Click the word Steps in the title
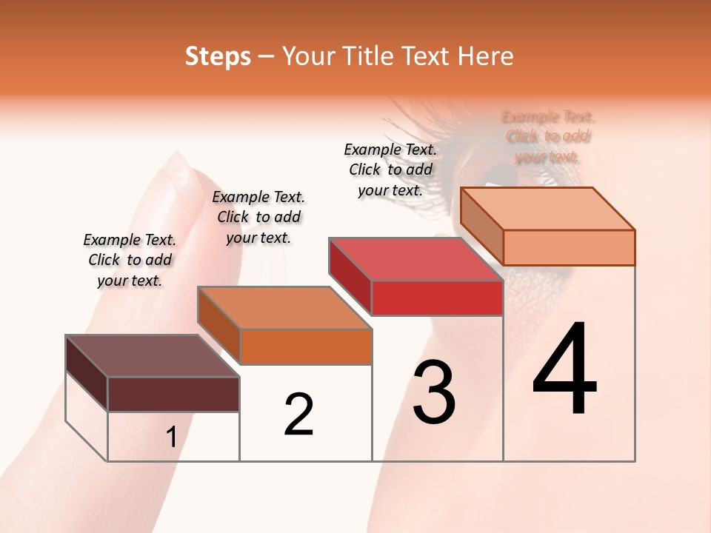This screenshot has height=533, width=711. [218, 56]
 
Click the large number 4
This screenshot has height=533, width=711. [565, 369]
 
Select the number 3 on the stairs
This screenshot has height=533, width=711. [434, 392]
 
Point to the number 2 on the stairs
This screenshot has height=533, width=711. [298, 415]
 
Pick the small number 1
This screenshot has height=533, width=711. [171, 438]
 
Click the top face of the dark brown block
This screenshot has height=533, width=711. [153, 356]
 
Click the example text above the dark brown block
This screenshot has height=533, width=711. [130, 260]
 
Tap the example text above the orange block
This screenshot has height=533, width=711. [258, 217]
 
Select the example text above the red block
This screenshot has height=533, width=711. [390, 170]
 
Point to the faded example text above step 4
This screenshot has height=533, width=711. [548, 136]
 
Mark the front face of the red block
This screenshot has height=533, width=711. [437, 298]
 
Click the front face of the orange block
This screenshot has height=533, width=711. [306, 346]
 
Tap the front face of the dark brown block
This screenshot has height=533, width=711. [173, 394]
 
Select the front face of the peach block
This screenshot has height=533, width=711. [569, 247]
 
